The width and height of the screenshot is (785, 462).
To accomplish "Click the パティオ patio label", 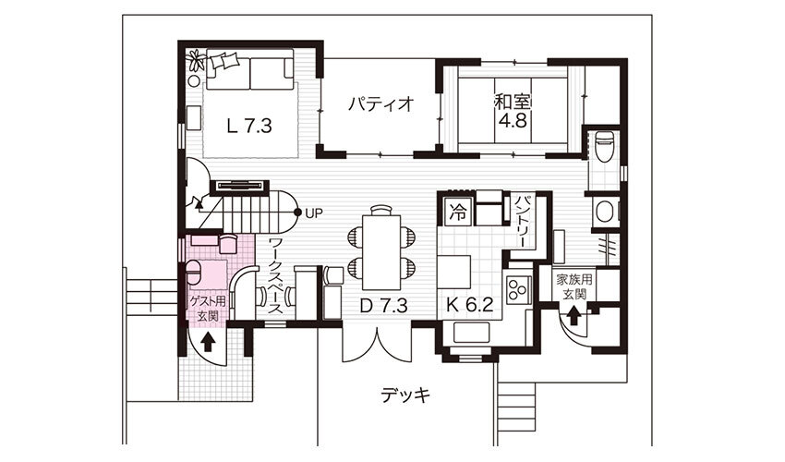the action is coord(381,104).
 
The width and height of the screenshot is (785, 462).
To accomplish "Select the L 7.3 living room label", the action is coord(248,127).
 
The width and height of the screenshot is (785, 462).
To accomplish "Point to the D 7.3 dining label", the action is coord(383,305).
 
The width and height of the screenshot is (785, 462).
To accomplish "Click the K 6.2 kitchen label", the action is coord(470,305).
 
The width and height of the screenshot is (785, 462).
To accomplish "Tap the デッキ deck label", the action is coord(405,395).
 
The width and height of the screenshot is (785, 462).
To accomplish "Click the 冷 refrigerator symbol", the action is coord(456,213).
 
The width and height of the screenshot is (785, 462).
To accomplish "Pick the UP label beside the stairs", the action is coord(314,213).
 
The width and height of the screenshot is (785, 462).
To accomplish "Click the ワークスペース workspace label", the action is coord(275,276).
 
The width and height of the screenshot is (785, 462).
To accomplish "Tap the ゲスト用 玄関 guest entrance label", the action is coord(207,309).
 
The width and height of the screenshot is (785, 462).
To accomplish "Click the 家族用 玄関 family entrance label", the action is coord(574,286).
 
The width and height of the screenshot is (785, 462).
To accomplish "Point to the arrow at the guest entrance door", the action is coord(209,343).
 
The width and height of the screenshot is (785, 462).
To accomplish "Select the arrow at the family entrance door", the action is coord(574,317).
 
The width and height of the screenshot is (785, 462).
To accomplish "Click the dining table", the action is coord(381,251).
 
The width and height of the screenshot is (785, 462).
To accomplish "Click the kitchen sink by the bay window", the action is coord(471,333).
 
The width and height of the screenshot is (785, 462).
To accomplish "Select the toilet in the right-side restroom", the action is coord(603,145).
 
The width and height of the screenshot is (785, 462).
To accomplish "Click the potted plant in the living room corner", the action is coord(196,61).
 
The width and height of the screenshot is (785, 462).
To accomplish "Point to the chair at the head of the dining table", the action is coord(381,210).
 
